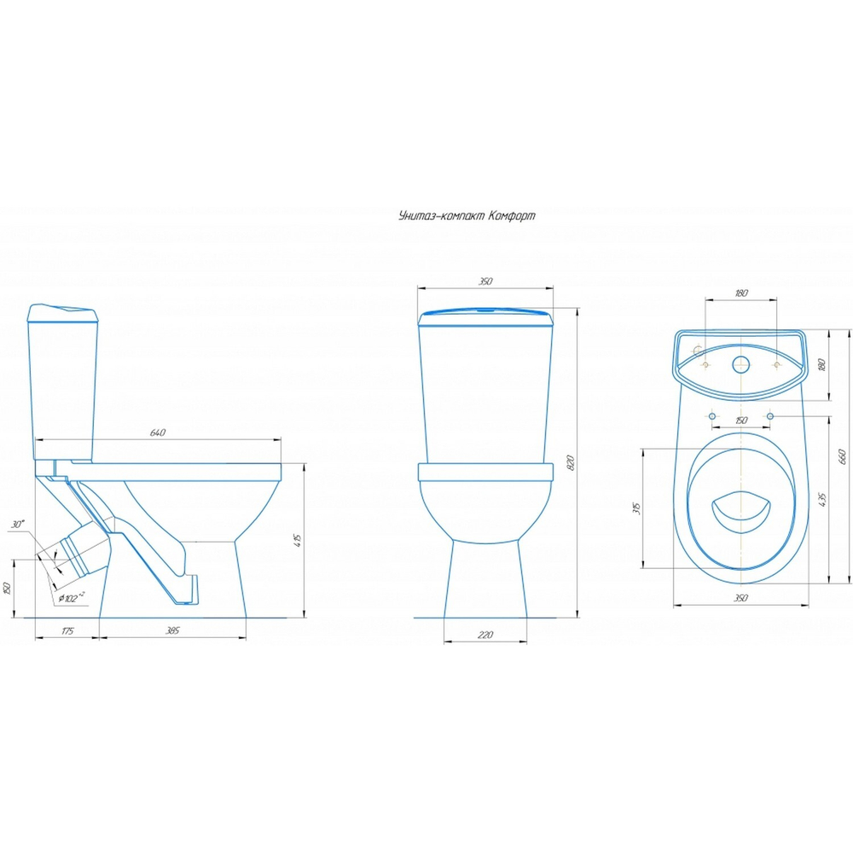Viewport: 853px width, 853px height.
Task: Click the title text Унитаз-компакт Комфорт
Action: coord(467,216)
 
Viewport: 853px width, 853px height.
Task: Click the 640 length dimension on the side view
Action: coord(157,432)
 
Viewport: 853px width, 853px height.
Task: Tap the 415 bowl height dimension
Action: coord(297,540)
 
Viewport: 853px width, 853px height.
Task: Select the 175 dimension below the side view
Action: coord(67,631)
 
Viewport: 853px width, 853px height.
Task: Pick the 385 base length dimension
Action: coord(172,630)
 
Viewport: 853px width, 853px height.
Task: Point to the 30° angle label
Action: coord(18,525)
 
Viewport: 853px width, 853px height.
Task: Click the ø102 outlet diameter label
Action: coord(72,597)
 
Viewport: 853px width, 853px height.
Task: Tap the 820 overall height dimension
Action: coord(570,462)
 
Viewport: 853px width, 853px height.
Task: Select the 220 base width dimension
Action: coord(485,635)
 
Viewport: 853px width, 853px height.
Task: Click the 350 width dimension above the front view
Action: coord(485,281)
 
